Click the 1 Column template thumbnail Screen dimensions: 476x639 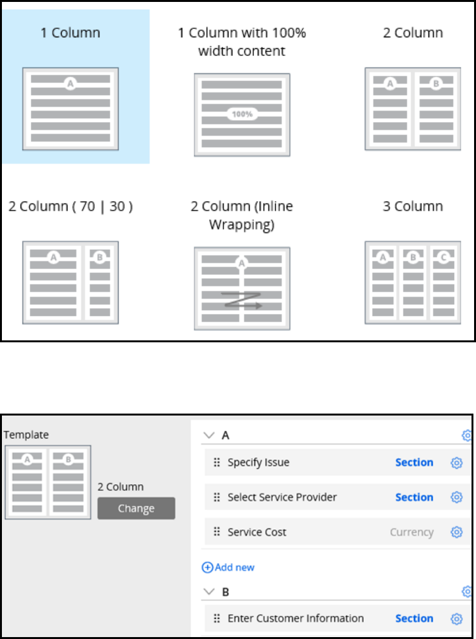coord(71,109)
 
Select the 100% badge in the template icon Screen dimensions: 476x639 coord(242,114)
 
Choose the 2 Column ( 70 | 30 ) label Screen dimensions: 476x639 coord(71,206)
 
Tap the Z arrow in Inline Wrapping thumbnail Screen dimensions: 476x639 coord(242,299)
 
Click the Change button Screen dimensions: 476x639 coord(136,508)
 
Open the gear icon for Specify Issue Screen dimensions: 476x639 coord(457,462)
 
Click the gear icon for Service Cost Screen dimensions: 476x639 coord(457,532)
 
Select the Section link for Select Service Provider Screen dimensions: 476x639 coord(414,497)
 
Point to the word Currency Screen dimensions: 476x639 coord(411,532)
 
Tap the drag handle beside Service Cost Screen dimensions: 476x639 coord(216,532)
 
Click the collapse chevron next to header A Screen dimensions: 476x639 coord(208,435)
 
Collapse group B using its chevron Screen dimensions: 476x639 coord(208,591)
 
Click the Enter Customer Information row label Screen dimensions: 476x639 coord(296,618)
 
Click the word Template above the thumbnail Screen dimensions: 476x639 coord(26,435)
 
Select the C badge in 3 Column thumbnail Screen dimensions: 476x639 coord(443,258)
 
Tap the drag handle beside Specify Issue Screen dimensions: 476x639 coord(216,462)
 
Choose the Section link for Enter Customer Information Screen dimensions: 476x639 coord(414,618)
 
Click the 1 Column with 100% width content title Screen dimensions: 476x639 coord(242,42)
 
